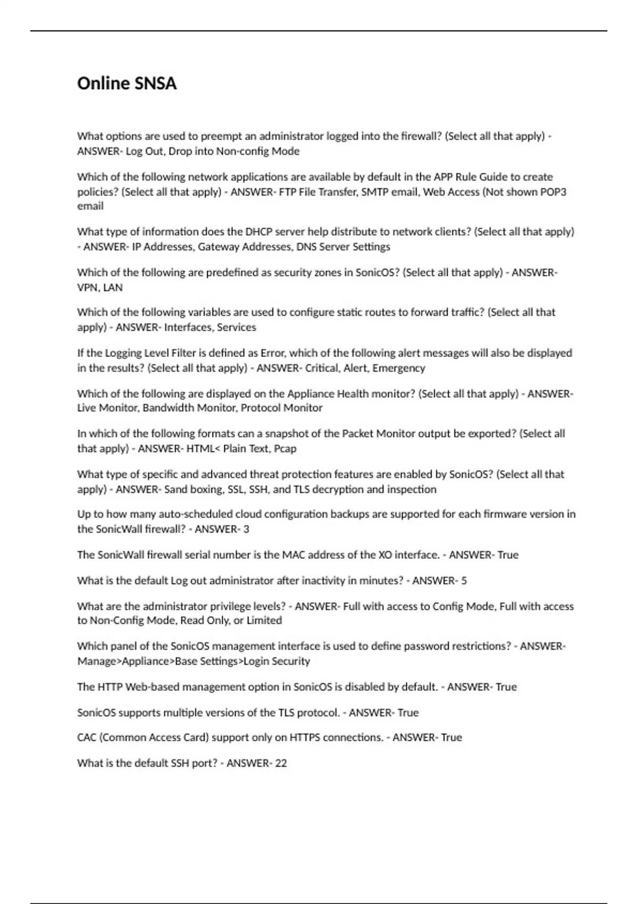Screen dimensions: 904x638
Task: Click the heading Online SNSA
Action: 127,83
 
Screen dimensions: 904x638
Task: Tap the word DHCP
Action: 258,232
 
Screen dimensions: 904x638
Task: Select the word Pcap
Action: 285,448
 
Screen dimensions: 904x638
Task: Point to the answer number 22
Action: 281,763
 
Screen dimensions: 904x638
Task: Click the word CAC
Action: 87,738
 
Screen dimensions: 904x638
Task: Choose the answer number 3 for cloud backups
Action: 246,529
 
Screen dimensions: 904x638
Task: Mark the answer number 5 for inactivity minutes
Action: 464,581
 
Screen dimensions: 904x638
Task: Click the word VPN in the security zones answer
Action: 87,287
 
